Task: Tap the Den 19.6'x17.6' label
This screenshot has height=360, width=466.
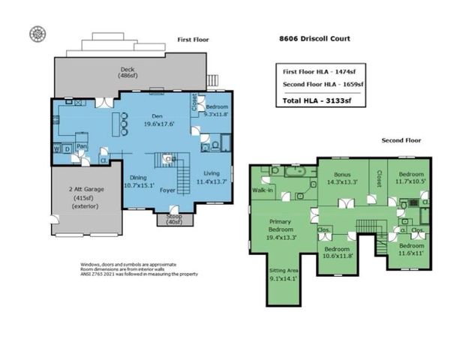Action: click(157, 120)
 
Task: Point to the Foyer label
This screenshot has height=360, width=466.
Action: click(169, 190)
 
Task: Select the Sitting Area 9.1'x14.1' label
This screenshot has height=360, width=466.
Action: click(283, 277)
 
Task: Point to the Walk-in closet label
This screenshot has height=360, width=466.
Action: click(262, 191)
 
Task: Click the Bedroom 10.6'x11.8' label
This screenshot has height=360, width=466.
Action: click(338, 252)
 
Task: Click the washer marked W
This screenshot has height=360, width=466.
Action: click(57, 148)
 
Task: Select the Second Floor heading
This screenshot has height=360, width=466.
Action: click(401, 140)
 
